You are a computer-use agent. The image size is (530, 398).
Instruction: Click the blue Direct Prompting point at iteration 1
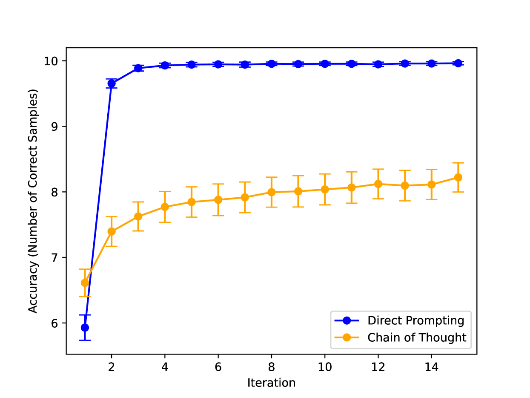85,327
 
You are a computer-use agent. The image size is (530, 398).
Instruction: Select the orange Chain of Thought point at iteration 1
85,283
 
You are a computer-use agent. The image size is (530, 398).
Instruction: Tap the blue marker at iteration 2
112,84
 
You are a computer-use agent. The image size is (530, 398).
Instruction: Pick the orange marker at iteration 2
112,231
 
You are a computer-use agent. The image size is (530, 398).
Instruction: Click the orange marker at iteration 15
458,177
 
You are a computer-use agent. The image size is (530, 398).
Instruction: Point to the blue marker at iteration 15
458,63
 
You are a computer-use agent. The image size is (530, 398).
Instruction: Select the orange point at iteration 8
272,192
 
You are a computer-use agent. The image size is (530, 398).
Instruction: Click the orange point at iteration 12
378,184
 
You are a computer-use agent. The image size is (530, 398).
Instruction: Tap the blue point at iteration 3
138,68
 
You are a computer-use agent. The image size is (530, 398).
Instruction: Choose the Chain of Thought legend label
417,337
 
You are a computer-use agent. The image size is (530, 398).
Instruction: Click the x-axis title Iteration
271,383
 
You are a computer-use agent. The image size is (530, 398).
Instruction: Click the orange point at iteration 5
192,202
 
